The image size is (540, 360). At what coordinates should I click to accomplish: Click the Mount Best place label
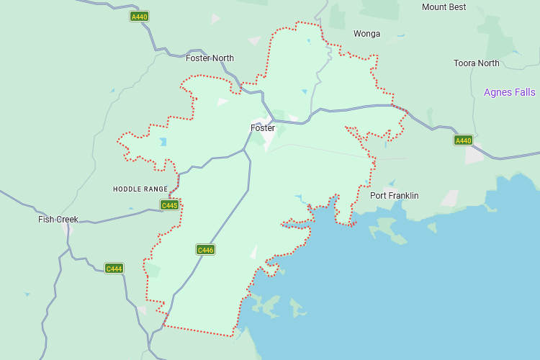click(x=444, y=7)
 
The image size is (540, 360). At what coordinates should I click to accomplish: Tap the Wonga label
click(x=366, y=34)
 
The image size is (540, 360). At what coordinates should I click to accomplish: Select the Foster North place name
click(x=210, y=58)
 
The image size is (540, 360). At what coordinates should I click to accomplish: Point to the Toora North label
click(x=476, y=63)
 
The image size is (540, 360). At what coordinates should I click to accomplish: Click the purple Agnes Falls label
click(x=509, y=92)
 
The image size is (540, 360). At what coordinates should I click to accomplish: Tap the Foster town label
click(x=263, y=128)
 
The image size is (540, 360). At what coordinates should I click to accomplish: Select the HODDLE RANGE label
click(x=140, y=189)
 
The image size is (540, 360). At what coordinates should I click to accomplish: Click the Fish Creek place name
click(x=58, y=219)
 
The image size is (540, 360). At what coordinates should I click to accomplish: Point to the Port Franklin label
click(x=394, y=196)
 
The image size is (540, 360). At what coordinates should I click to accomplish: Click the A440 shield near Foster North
click(x=139, y=16)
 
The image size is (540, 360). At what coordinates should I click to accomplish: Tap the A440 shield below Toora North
click(x=463, y=140)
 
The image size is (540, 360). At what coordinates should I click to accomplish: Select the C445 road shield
click(x=169, y=205)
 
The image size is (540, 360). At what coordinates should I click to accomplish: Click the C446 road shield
click(x=205, y=250)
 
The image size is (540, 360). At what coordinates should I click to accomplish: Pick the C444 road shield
click(x=114, y=269)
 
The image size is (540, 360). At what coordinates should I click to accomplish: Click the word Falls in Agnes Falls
click(x=523, y=92)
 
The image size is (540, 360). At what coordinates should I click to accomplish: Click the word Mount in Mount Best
click(x=434, y=7)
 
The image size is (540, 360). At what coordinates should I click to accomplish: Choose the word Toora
click(x=464, y=63)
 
